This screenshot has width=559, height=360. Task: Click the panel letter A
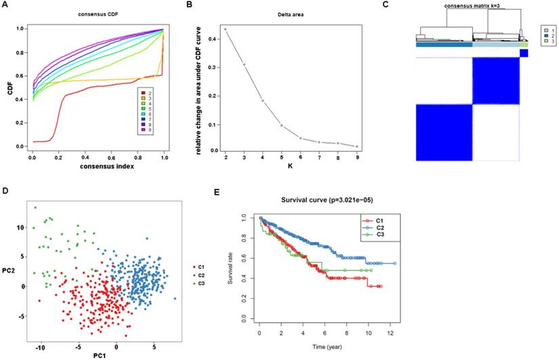pyautogui.click(x=6, y=5)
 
